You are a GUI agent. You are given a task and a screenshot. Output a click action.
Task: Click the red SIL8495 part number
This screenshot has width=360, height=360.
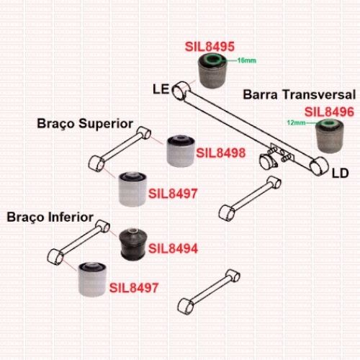(210, 47)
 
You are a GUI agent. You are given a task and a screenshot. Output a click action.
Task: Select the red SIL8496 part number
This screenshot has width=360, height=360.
(329, 112)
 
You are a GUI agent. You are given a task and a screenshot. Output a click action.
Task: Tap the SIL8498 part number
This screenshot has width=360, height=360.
(221, 153)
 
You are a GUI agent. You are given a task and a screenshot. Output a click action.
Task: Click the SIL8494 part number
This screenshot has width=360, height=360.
(173, 248)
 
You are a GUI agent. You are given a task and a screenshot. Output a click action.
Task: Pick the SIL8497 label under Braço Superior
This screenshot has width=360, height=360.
(173, 194)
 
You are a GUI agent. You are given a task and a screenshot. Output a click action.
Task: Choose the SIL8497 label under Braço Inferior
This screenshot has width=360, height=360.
(134, 288)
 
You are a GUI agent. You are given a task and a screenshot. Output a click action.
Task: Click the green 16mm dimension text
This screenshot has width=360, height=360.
(246, 60)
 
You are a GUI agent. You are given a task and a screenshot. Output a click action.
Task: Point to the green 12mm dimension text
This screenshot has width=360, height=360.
(297, 122)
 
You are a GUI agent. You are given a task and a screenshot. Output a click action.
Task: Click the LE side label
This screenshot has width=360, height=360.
(161, 89)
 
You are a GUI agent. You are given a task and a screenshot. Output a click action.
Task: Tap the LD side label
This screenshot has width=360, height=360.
(340, 173)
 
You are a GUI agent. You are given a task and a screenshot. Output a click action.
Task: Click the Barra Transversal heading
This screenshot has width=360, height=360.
(300, 94)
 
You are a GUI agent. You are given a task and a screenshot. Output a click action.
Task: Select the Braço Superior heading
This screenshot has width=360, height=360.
(85, 124)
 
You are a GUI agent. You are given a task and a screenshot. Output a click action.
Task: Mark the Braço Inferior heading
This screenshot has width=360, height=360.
(50, 217)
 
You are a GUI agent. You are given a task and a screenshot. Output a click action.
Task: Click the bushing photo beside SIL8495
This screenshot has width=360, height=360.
(212, 71)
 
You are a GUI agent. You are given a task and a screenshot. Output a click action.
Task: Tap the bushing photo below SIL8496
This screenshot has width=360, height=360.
(329, 136)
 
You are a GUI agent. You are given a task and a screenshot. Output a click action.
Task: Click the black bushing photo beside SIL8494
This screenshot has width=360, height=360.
(132, 245)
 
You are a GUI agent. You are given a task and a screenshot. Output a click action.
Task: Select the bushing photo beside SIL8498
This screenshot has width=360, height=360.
(181, 151)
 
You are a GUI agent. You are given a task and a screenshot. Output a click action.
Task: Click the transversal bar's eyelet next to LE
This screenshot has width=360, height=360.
(181, 91)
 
